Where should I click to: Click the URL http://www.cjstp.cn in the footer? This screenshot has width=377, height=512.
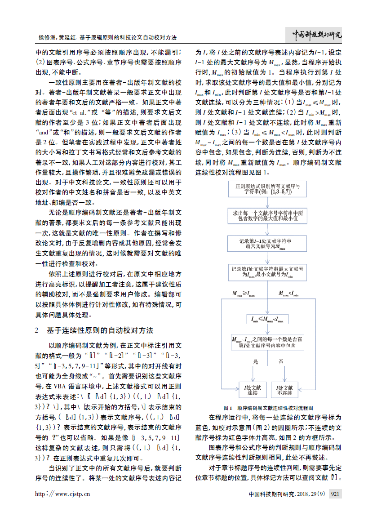pyautogui.click(x=63, y=494)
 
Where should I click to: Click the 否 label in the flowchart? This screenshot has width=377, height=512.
pyautogui.click(x=281, y=361)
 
